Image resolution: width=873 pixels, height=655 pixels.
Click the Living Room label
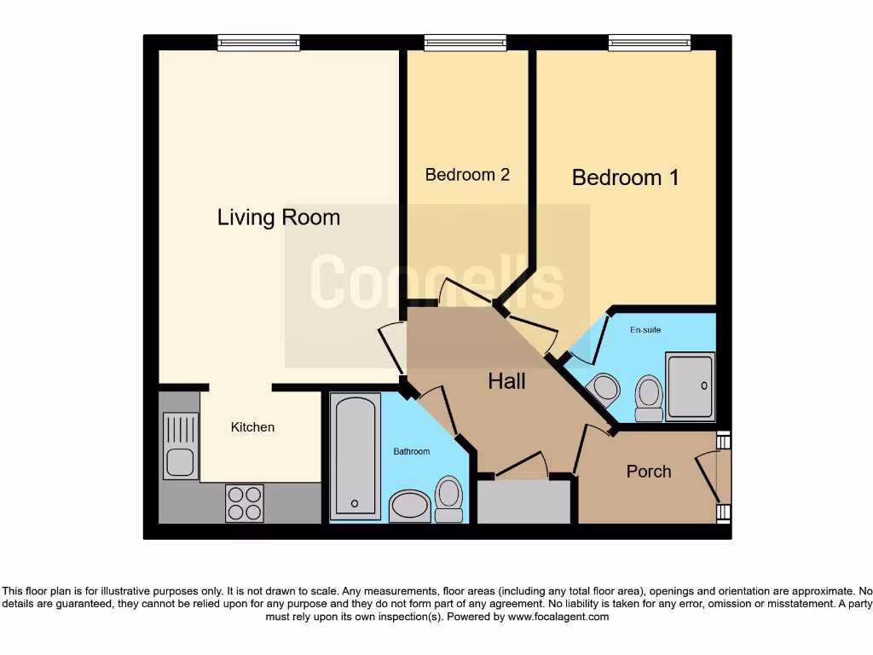pos(279,217)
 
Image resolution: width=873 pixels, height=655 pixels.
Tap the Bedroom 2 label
pos(467,175)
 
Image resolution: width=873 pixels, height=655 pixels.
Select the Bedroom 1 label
pos(625,177)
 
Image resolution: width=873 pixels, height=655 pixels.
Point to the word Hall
pos(506,381)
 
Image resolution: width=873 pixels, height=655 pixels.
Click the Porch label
pos(649,472)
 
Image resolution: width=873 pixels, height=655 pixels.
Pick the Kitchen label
pos(252,427)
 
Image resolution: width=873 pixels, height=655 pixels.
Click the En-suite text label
pos(645,330)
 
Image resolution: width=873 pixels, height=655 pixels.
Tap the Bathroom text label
pos(411,451)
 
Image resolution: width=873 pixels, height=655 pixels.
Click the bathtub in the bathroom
pos(354,456)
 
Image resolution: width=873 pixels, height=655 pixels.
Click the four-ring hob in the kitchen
pos(244,502)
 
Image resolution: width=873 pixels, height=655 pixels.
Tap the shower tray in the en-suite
pos(691,386)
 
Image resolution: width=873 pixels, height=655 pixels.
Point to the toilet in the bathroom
pos(448,498)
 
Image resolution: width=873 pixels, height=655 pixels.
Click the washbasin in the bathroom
pos(410,505)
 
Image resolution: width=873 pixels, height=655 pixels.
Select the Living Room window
pos(258,43)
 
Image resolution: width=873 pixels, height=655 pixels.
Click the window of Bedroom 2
pos(465,43)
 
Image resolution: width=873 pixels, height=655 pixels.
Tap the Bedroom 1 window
pos(650,43)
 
